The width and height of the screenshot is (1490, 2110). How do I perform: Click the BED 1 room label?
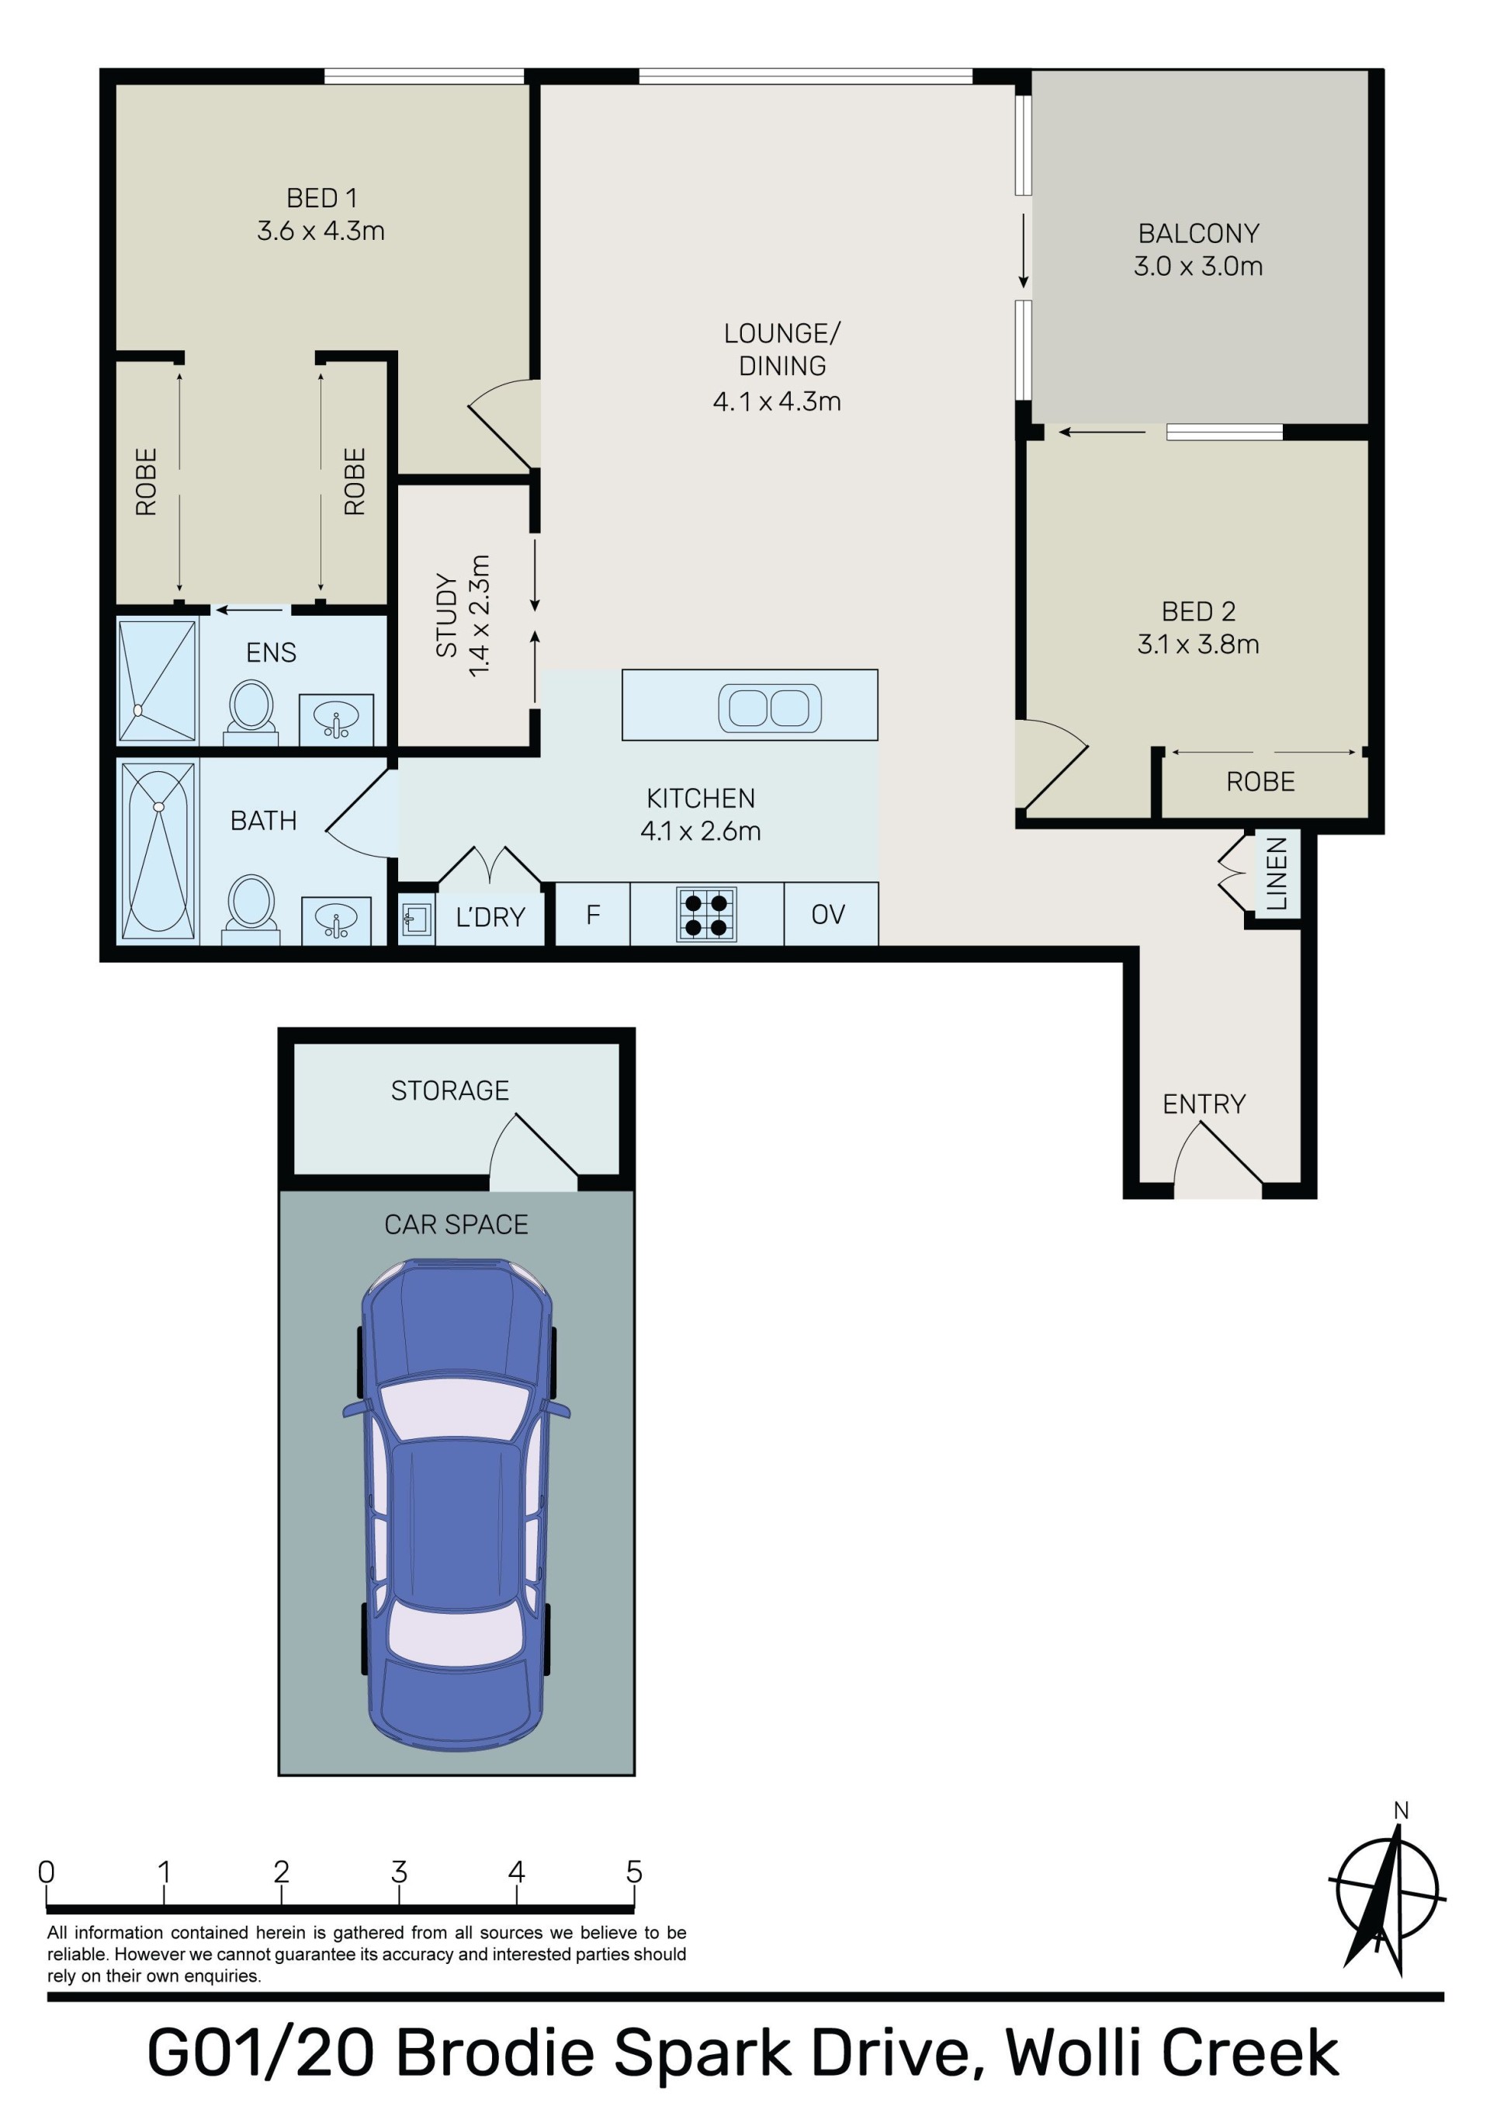click(321, 197)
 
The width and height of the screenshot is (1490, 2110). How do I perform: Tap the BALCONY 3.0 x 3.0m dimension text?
click(1198, 266)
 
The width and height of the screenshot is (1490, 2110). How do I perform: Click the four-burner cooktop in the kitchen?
click(706, 914)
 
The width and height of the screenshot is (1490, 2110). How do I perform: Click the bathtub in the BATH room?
click(158, 850)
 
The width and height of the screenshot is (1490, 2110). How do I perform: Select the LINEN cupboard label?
click(1276, 873)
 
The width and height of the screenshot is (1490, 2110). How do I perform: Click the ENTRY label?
click(1204, 1104)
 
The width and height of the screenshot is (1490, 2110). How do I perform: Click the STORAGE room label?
click(450, 1091)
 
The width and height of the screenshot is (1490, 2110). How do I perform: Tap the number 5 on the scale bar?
click(634, 1872)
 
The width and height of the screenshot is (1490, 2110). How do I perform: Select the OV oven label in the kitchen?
click(828, 914)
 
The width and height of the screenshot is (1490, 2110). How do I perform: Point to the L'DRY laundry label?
click(490, 917)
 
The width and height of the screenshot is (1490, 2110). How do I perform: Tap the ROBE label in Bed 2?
click(1260, 782)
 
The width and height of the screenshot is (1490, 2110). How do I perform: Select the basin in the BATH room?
click(336, 920)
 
